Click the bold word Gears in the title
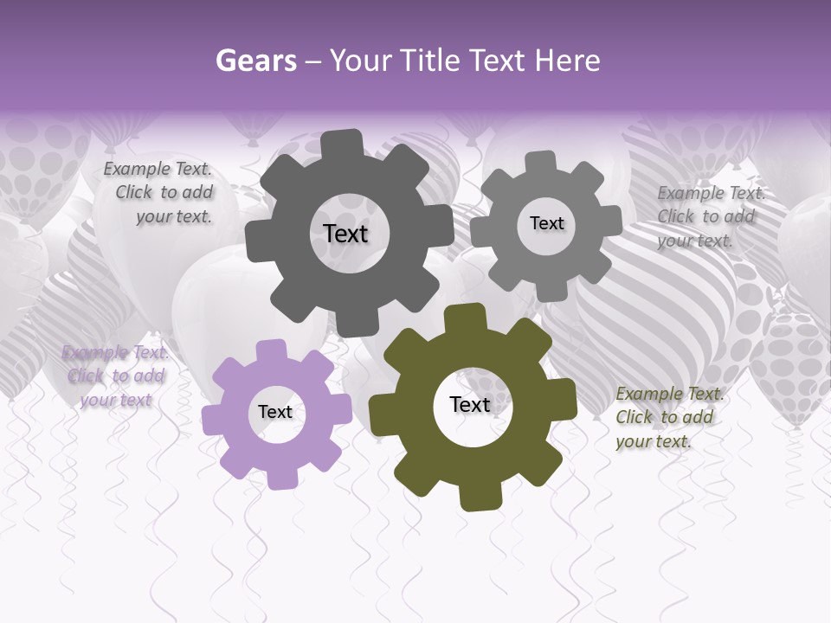tap(255, 61)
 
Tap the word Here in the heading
tap(567, 61)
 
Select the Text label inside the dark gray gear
tap(345, 234)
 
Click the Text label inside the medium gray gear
tap(546, 223)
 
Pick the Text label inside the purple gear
tap(275, 413)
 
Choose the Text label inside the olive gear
tap(470, 405)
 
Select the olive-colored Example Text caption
tap(668, 418)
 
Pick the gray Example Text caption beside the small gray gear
tap(710, 216)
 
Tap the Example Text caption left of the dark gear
tap(159, 193)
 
